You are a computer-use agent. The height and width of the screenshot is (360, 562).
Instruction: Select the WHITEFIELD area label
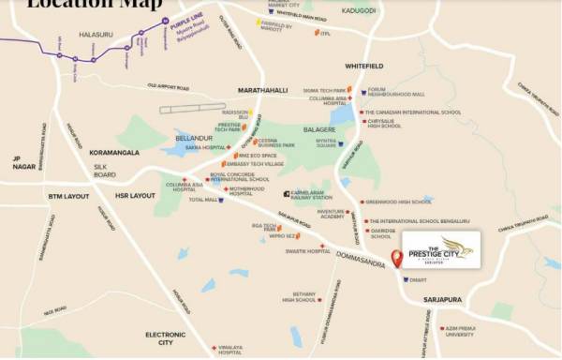click(364, 67)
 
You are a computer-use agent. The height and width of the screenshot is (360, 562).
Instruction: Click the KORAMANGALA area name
click(114, 151)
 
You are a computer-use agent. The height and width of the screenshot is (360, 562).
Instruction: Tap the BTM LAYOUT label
click(68, 197)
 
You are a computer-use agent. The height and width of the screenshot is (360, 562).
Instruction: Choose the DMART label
click(420, 279)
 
